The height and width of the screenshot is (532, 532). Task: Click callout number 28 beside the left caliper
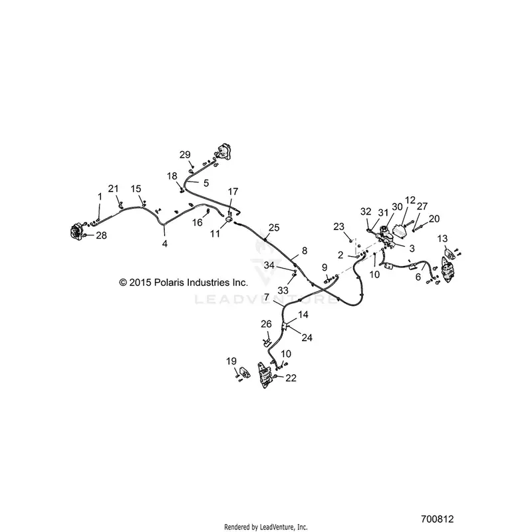click(x=102, y=235)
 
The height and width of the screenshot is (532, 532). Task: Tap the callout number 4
click(x=165, y=243)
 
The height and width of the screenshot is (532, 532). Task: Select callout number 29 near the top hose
click(x=185, y=155)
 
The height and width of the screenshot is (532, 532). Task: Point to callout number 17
click(x=233, y=192)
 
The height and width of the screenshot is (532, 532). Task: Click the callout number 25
click(x=274, y=227)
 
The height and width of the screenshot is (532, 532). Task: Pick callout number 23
click(x=339, y=226)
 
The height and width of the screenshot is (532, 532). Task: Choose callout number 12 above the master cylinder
click(x=410, y=200)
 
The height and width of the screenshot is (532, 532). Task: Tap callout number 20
click(x=434, y=219)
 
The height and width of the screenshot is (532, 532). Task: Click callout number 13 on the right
click(x=442, y=239)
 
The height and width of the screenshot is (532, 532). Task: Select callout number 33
click(x=283, y=291)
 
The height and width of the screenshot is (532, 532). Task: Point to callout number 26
click(x=267, y=324)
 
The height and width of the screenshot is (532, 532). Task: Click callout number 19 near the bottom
click(x=231, y=361)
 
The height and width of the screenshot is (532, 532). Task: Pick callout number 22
click(x=291, y=378)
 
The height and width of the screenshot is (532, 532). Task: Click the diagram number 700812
click(x=438, y=519)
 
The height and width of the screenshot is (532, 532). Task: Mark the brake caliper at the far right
click(x=448, y=269)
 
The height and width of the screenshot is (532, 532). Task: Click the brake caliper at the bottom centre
click(x=265, y=375)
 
